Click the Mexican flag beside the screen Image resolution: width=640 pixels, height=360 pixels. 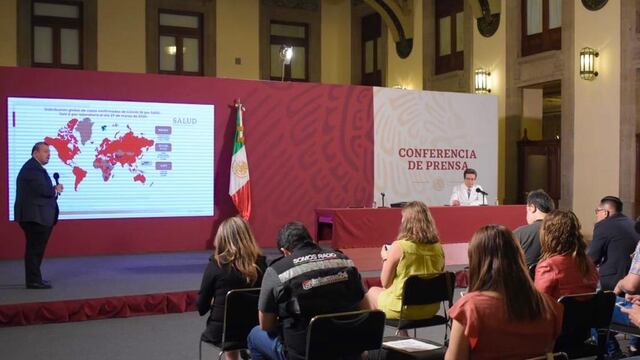pyautogui.click(x=239, y=170)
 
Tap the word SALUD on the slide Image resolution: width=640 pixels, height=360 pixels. pyautogui.click(x=184, y=120)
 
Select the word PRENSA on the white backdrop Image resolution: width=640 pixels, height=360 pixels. pyautogui.click(x=444, y=165)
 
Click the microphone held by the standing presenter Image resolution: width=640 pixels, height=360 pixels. pyautogui.click(x=56, y=178)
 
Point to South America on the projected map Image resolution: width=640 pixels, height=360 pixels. pyautogui.click(x=78, y=174)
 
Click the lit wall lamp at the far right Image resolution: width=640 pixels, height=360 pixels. pyautogui.click(x=588, y=63)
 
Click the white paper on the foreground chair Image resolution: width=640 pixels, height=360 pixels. pyautogui.click(x=411, y=344)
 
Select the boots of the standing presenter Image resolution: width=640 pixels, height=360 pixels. pyautogui.click(x=39, y=284)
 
